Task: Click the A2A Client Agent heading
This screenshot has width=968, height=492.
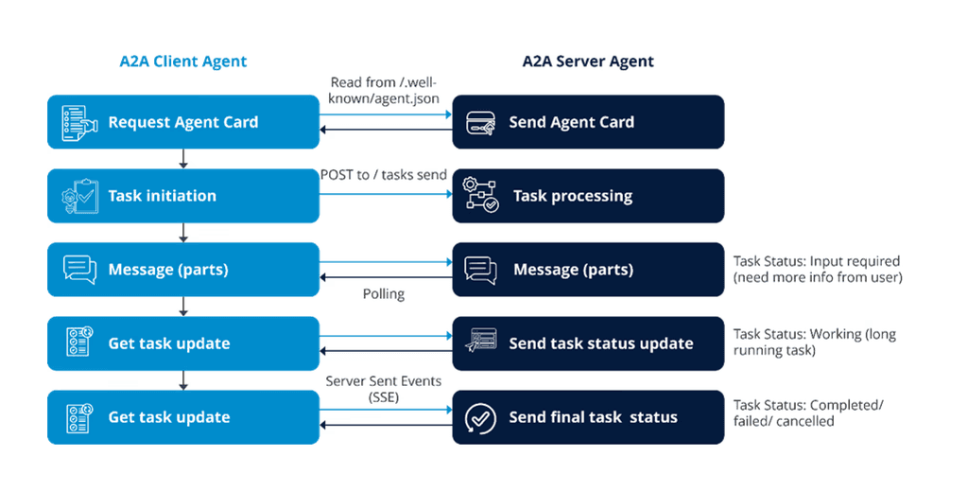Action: click(182, 61)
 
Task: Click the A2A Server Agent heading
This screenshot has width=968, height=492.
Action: click(588, 61)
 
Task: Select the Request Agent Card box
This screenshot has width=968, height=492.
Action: click(183, 122)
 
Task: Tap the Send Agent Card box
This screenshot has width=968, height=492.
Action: click(588, 122)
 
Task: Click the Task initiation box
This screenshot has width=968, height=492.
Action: click(183, 196)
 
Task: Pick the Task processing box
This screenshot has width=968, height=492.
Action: click(588, 196)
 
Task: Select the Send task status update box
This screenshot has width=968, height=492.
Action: click(588, 343)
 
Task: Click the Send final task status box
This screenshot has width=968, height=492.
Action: click(588, 417)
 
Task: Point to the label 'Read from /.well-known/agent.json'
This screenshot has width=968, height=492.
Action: click(385, 90)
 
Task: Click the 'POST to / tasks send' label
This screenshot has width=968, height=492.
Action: click(384, 175)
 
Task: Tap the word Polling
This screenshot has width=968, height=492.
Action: click(384, 294)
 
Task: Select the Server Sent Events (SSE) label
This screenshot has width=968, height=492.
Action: click(384, 390)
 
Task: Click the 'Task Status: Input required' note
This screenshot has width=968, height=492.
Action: click(818, 270)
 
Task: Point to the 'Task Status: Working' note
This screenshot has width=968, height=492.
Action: click(814, 343)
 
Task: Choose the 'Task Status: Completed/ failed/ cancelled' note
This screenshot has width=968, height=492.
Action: click(808, 413)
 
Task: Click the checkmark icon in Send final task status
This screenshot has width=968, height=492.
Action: click(481, 417)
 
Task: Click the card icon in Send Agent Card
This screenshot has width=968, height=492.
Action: click(481, 122)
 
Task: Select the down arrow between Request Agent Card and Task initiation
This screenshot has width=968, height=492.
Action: click(183, 159)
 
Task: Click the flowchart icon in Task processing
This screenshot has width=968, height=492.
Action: click(481, 196)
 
